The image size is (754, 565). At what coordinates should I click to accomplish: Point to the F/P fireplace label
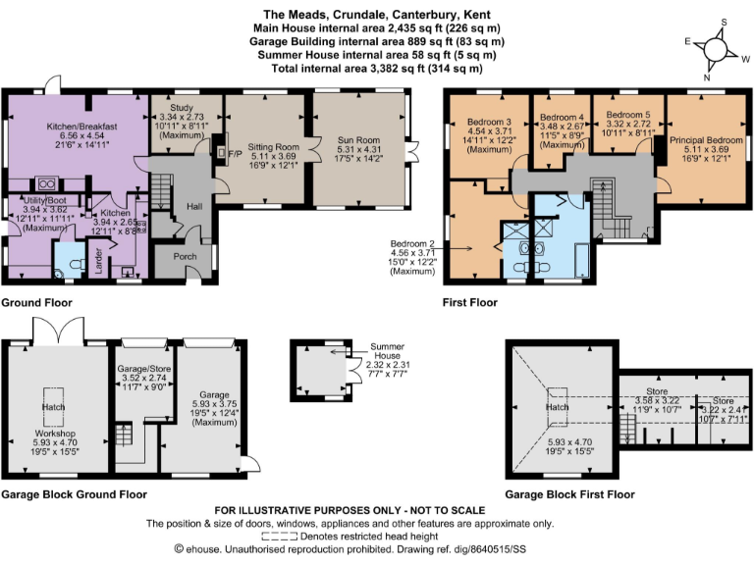(234, 155)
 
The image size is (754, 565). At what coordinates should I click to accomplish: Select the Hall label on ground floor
(193, 206)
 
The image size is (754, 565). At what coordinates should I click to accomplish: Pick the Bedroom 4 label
(562, 117)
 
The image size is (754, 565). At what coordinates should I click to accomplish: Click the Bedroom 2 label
(412, 244)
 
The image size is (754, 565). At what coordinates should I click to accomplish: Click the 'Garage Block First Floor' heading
(569, 494)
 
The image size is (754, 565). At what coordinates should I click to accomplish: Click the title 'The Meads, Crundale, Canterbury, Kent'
(376, 15)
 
